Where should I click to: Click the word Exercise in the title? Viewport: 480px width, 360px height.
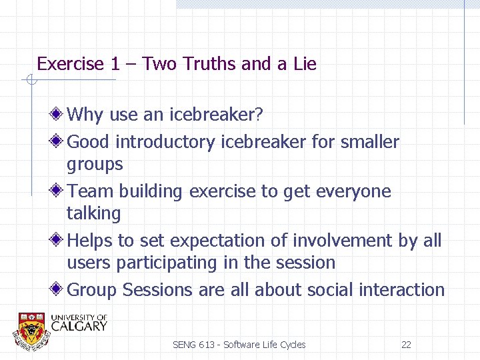[70, 64]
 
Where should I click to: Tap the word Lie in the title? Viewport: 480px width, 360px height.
[304, 64]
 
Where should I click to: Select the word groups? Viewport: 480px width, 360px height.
[95, 165]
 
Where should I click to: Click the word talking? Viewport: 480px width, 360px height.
[93, 213]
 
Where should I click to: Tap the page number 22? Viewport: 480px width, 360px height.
[406, 345]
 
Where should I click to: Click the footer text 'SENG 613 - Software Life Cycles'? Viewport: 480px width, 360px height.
[239, 345]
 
